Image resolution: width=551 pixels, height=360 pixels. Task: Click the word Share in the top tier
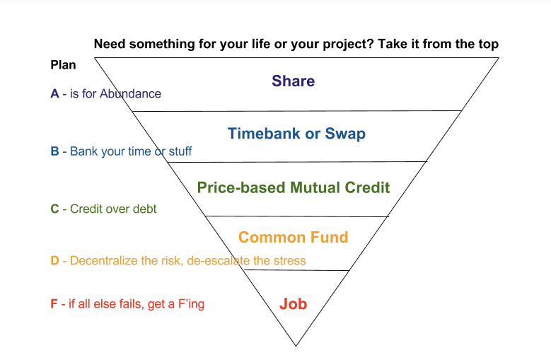293,81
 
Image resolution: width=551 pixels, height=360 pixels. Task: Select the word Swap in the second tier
345,134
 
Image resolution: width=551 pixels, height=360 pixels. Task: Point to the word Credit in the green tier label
367,187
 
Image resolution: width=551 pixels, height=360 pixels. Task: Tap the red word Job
293,304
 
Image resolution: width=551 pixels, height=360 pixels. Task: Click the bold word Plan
63,65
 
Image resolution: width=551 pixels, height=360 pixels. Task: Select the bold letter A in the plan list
55,94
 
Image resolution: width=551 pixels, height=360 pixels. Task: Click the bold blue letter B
55,151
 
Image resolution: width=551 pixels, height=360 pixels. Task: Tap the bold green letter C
55,209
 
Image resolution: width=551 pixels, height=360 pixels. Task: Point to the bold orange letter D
55,260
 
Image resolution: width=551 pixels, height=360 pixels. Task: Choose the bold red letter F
54,304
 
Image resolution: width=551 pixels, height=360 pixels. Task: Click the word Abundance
130,94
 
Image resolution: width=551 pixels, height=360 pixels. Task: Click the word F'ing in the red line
191,304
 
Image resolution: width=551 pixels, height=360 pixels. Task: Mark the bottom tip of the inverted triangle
296,346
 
